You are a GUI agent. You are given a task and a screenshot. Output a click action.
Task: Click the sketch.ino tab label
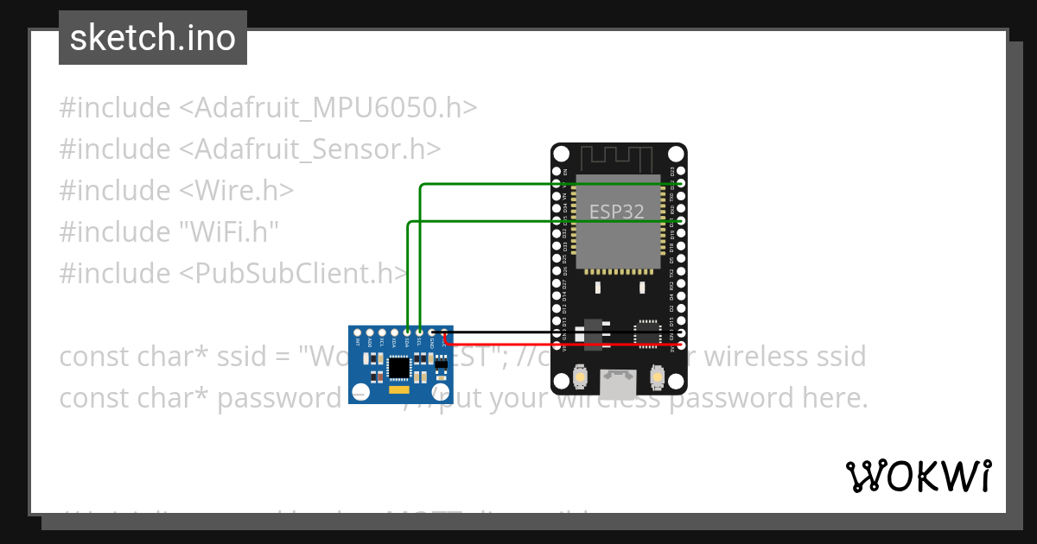pos(153,38)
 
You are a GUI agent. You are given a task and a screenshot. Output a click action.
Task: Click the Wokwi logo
pos(918,476)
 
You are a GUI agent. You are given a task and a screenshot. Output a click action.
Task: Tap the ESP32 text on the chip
pos(616,212)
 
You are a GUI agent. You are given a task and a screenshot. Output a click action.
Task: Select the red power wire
pos(562,345)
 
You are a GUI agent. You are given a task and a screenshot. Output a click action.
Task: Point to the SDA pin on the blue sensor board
pos(407,332)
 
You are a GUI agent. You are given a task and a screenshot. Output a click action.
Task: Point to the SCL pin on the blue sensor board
pos(419,332)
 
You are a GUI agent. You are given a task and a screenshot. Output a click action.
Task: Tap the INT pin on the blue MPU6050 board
pos(358,332)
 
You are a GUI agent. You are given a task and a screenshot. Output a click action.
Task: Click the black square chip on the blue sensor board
pos(398,369)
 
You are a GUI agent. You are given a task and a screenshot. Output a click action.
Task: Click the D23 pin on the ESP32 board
pos(681,171)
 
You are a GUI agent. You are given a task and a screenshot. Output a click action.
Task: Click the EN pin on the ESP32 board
pos(557,171)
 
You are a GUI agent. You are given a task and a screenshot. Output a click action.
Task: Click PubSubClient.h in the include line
pos(294,274)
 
